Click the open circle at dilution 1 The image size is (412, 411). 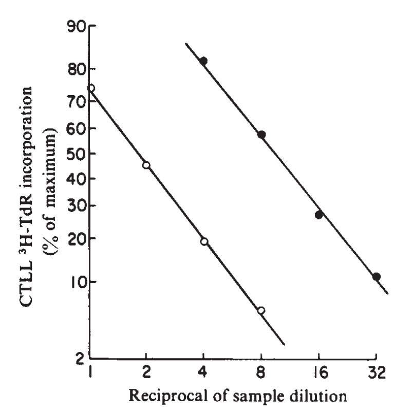[x=91, y=88]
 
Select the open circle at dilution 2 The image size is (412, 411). [x=146, y=165]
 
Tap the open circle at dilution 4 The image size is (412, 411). [x=204, y=241]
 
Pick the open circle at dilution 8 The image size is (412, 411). [x=261, y=310]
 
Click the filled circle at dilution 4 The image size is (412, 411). [x=203, y=61]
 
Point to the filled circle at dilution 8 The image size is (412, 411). [x=261, y=135]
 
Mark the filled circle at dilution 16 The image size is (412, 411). [x=319, y=215]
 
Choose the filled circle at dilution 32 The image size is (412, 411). [x=377, y=276]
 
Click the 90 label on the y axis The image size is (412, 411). [x=75, y=26]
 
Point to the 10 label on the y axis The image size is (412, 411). [x=75, y=282]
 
